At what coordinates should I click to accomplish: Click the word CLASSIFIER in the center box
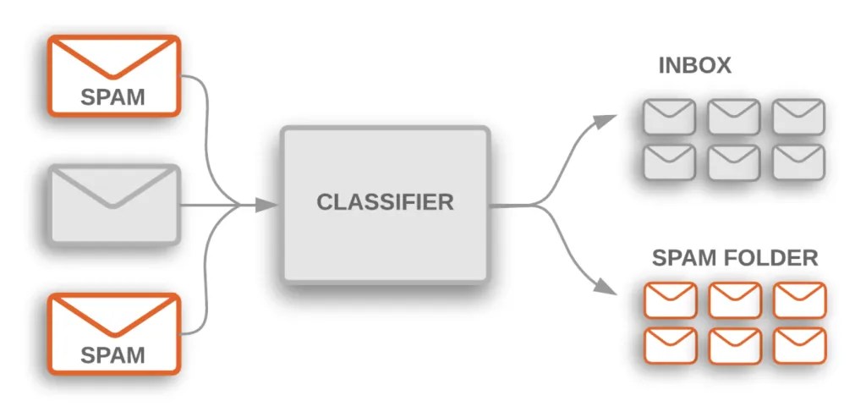point(385,203)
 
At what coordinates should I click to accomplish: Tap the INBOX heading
point(694,66)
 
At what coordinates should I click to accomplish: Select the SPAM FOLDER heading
point(735,257)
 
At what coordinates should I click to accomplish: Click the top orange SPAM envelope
point(113,75)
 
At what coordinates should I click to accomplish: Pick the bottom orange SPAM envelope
point(113,333)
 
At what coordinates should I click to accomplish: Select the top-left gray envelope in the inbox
point(669,117)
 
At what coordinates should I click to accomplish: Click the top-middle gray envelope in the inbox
point(733,117)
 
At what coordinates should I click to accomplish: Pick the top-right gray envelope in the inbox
point(797,117)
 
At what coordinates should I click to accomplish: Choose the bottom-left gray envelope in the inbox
point(669,161)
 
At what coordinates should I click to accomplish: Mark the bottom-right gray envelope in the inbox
point(797,161)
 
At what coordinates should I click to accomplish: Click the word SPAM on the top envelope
point(113,96)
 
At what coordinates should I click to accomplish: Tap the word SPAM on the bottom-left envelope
point(113,354)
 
